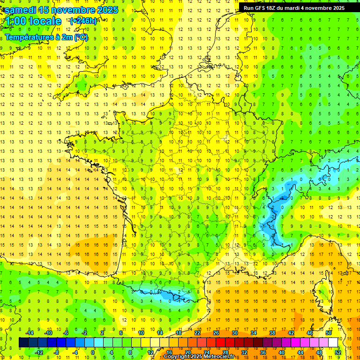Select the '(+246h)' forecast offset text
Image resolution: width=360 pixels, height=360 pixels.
click(83, 21)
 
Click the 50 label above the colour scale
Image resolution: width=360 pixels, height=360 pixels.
click(328, 333)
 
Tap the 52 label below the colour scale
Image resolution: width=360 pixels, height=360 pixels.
click(337, 352)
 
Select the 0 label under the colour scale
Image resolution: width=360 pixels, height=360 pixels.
click(93, 352)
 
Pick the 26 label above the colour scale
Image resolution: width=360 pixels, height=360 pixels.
click(216, 333)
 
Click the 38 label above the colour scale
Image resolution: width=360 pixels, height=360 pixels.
click(272, 333)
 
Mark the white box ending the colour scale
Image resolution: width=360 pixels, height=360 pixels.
click(333, 342)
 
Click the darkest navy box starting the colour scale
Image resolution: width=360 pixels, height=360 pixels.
click(23, 342)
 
